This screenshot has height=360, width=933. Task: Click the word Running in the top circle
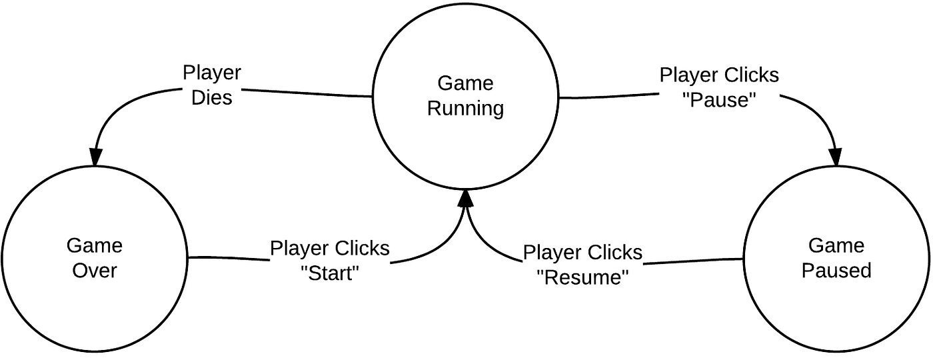click(x=465, y=108)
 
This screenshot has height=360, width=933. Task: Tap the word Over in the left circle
click(x=95, y=271)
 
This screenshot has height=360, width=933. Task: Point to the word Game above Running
click(x=465, y=83)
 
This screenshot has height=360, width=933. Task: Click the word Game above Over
click(x=95, y=246)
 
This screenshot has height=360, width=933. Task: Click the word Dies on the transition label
click(x=212, y=97)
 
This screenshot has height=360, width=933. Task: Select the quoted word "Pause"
click(x=719, y=100)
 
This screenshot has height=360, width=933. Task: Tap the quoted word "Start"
click(x=330, y=274)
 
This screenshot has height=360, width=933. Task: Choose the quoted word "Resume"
click(x=582, y=277)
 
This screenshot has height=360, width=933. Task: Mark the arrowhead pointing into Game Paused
click(x=835, y=157)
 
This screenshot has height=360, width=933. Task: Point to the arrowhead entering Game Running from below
click(x=466, y=199)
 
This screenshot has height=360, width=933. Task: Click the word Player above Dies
click(x=212, y=73)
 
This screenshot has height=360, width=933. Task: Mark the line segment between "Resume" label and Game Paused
click(x=693, y=261)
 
